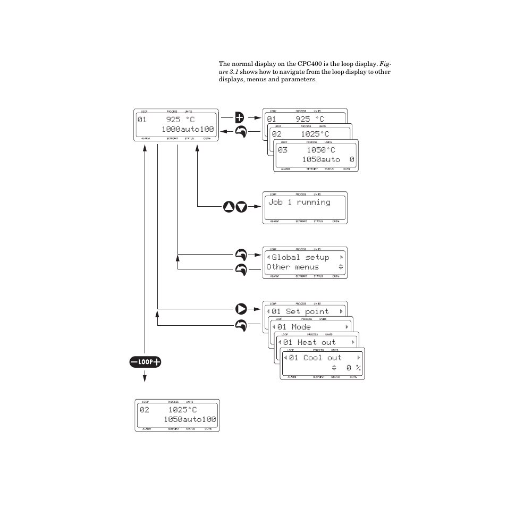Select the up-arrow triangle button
coord(229,207)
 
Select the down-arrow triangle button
coord(241,207)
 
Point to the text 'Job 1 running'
coord(299,202)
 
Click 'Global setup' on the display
coord(300,257)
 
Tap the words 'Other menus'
coord(293,267)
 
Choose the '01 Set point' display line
coord(300,311)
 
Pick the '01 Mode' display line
coord(293,327)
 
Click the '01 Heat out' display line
coord(309,342)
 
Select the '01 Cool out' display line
coord(315,358)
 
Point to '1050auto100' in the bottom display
coord(190,419)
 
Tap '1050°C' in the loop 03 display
coord(321,150)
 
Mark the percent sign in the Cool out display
coord(359,367)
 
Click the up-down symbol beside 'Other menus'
coord(341,267)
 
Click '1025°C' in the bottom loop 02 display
coord(183,410)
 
